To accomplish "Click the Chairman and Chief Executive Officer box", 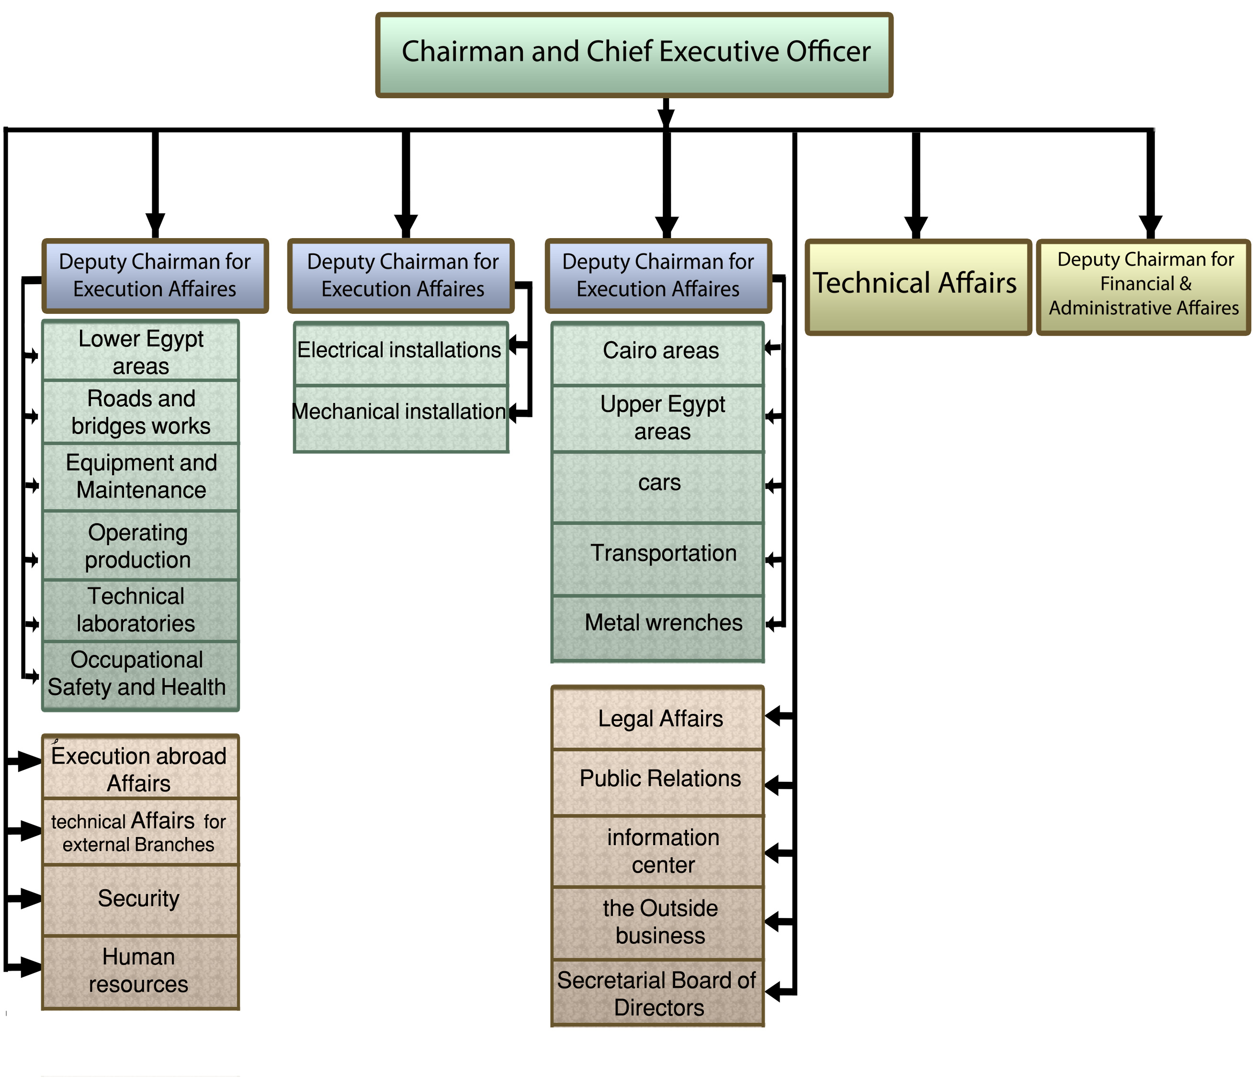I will pos(634,55).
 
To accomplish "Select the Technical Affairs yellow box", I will pos(917,287).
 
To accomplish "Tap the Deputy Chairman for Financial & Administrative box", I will pos(1143,287).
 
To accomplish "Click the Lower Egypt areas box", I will pos(141,352).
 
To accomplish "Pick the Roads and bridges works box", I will pos(141,412).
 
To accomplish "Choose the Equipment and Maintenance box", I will pos(141,477).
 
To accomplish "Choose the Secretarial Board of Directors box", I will pos(658,994).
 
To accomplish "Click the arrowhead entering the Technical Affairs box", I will pos(916,228).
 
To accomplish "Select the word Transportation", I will pos(663,553).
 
